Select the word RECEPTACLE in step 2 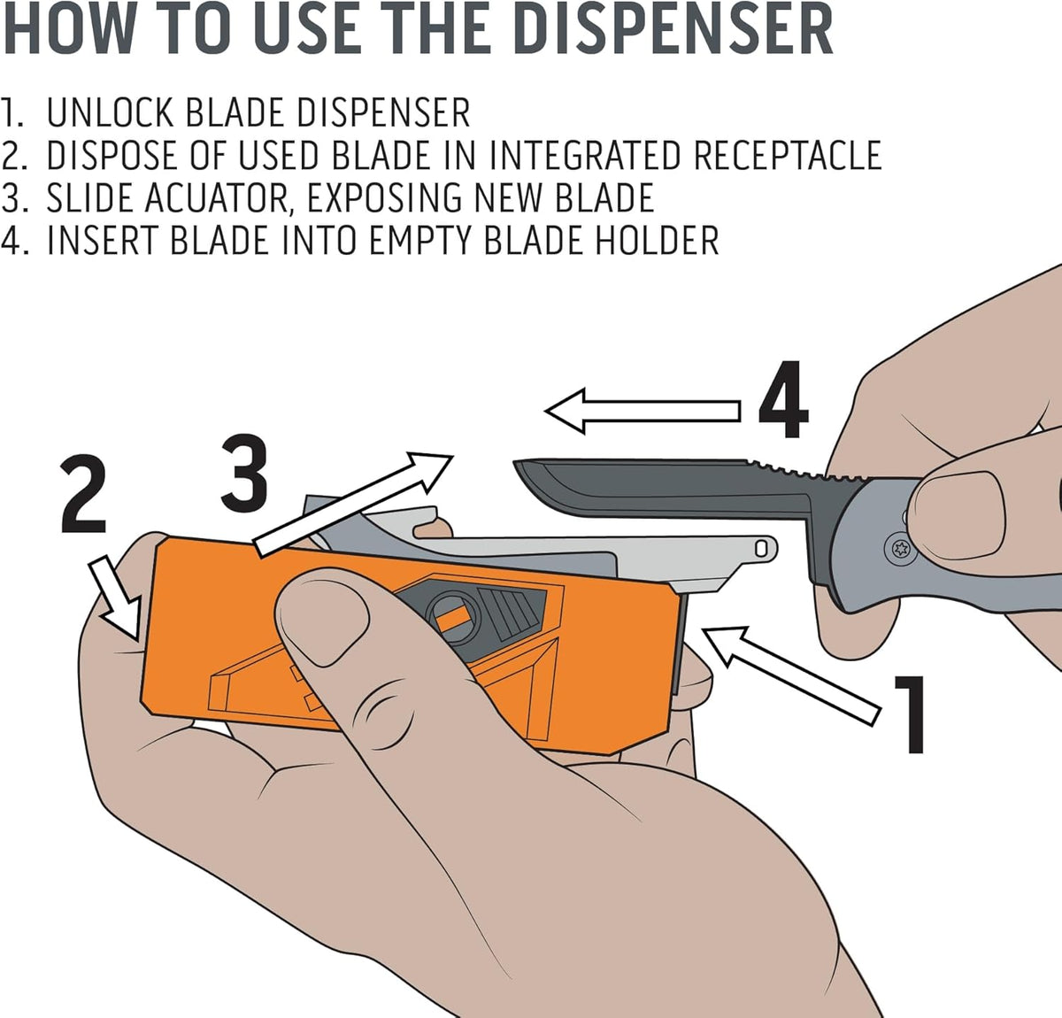tap(788, 155)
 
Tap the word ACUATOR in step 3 tap(216, 198)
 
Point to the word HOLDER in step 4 tap(658, 240)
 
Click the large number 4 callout tap(783, 399)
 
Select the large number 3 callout tap(244, 473)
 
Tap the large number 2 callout tap(83, 495)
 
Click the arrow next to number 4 tap(643, 411)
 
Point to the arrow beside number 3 tap(354, 503)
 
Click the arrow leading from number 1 tap(790, 675)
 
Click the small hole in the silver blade tap(761, 549)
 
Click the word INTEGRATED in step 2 tap(585, 155)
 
